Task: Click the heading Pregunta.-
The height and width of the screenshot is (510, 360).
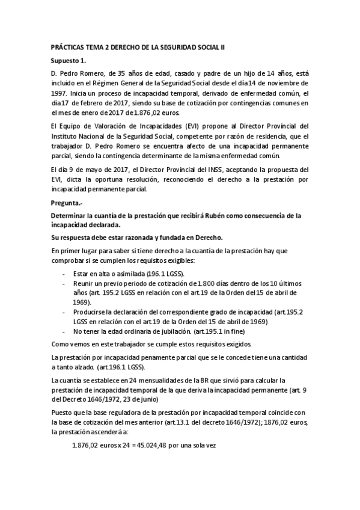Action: click(x=68, y=203)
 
